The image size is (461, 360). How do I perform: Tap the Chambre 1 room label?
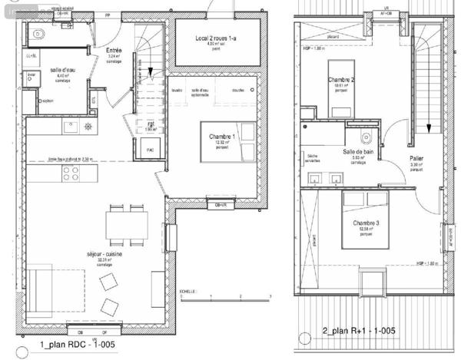[x=221, y=136]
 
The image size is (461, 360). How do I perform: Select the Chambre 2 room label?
[x=340, y=80]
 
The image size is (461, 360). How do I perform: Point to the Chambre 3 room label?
[x=366, y=223]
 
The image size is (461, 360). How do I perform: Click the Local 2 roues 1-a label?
[x=215, y=38]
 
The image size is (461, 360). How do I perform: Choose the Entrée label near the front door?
[x=114, y=51]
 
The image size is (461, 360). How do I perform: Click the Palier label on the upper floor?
[x=417, y=158]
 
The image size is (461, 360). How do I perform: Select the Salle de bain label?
[x=358, y=152]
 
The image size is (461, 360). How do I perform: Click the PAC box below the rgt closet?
[x=150, y=150]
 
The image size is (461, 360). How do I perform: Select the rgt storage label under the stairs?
[x=151, y=123]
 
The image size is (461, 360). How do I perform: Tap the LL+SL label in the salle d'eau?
[x=31, y=56]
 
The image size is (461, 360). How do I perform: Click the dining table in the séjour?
[x=128, y=223]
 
